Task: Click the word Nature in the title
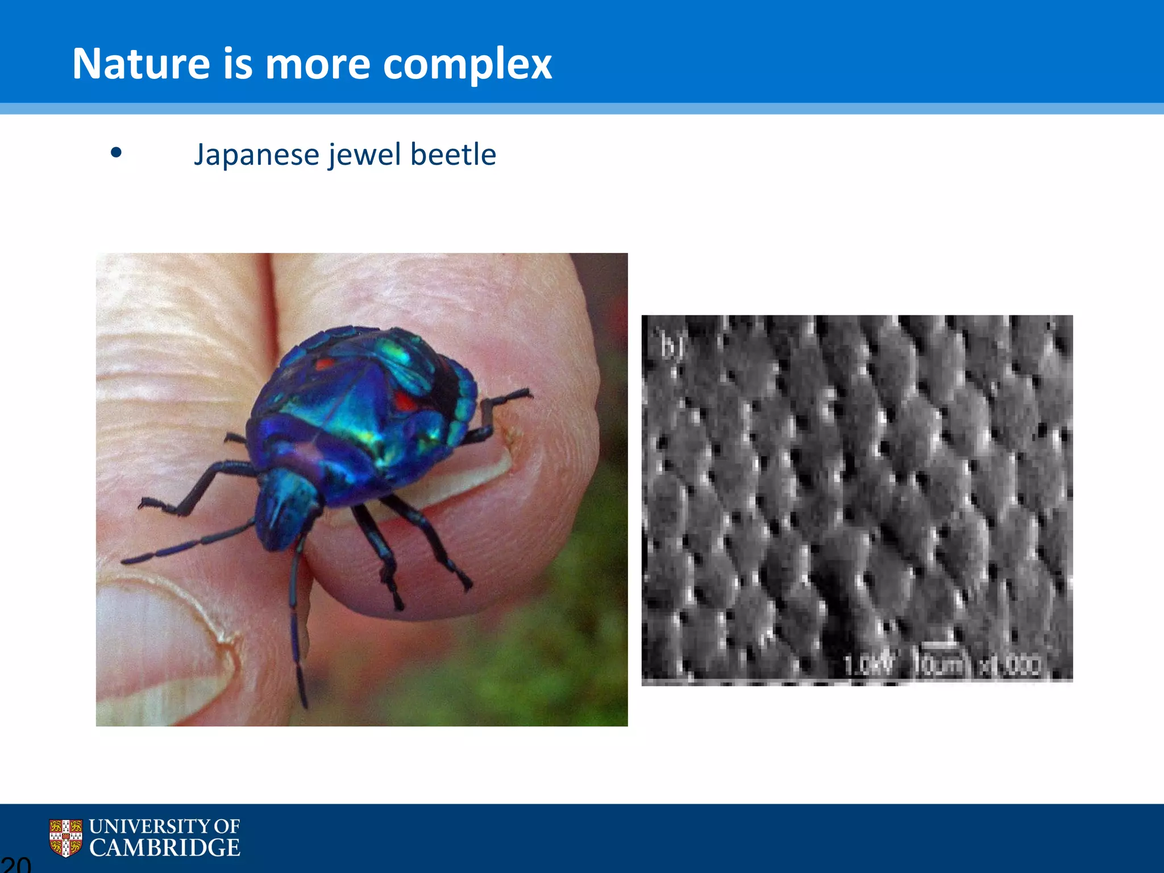[x=141, y=64]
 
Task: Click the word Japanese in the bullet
[x=257, y=155]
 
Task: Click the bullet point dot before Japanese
[x=117, y=152]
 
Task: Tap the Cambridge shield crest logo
[x=65, y=838]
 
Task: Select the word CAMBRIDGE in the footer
[x=165, y=848]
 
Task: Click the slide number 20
[x=16, y=864]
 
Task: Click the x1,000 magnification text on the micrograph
[x=1012, y=665]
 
